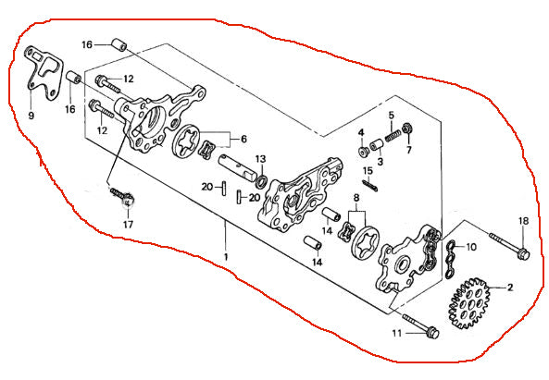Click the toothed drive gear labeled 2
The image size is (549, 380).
pos(468,303)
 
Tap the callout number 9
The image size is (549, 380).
pos(31,115)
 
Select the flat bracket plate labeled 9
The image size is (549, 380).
pos(44,73)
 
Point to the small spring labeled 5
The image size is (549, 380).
pos(393,135)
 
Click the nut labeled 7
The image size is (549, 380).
pos(406,129)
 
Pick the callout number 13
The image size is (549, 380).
pos(260,159)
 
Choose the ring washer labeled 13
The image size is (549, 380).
pos(261,181)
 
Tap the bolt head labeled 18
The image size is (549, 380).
pos(523,253)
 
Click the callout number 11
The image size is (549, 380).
pos(396,333)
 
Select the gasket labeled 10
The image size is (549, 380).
pos(451,260)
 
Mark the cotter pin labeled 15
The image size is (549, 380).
pos(369,185)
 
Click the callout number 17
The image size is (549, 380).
pos(128,224)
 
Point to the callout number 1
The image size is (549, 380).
pos(226,257)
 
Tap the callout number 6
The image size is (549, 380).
pos(243,139)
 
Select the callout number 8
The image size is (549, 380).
pos(356,198)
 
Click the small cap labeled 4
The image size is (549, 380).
pos(363,152)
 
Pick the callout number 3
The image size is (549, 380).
pos(381,162)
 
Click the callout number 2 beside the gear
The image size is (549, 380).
pos(510,288)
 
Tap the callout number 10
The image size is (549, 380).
pos(471,247)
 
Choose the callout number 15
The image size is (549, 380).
pos(368,171)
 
